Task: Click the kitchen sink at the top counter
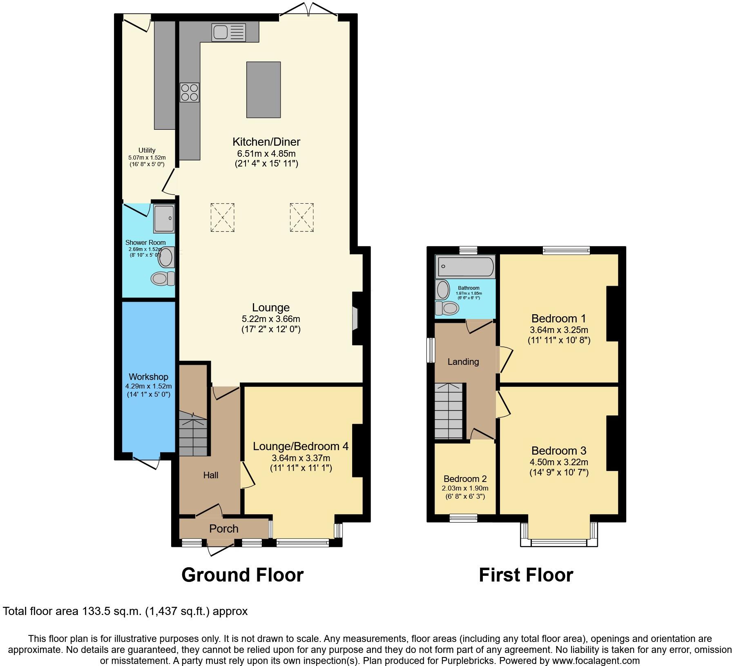point(229,32)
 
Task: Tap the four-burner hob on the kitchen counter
point(190,92)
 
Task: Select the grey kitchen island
point(263,90)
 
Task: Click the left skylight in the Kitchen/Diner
point(223,218)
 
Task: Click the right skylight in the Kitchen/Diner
point(302,218)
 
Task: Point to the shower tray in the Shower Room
point(164,219)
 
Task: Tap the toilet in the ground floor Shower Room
point(162,279)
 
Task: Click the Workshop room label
point(148,377)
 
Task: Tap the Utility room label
point(147,150)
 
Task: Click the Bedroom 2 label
point(465,479)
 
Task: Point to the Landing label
point(463,362)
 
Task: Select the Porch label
point(223,529)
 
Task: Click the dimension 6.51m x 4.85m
point(266,153)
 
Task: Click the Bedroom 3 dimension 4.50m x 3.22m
point(559,462)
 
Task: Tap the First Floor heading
point(526,575)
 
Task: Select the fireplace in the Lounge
point(355,318)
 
